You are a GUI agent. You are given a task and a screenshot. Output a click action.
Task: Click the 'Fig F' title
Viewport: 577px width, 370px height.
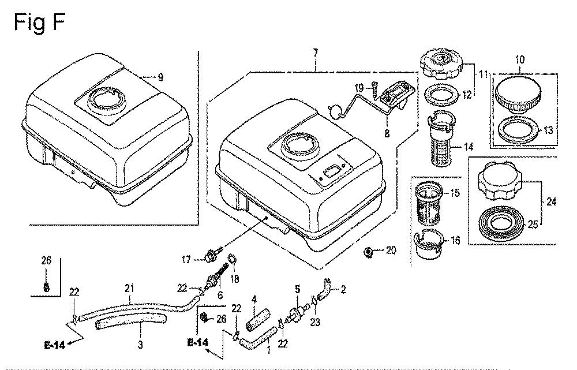click(39, 23)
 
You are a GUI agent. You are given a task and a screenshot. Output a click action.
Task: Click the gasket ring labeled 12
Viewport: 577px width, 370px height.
click(443, 95)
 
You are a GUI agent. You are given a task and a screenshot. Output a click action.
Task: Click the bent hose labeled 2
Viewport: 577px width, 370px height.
click(324, 291)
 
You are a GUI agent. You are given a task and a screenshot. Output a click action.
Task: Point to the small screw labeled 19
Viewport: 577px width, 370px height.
click(374, 90)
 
